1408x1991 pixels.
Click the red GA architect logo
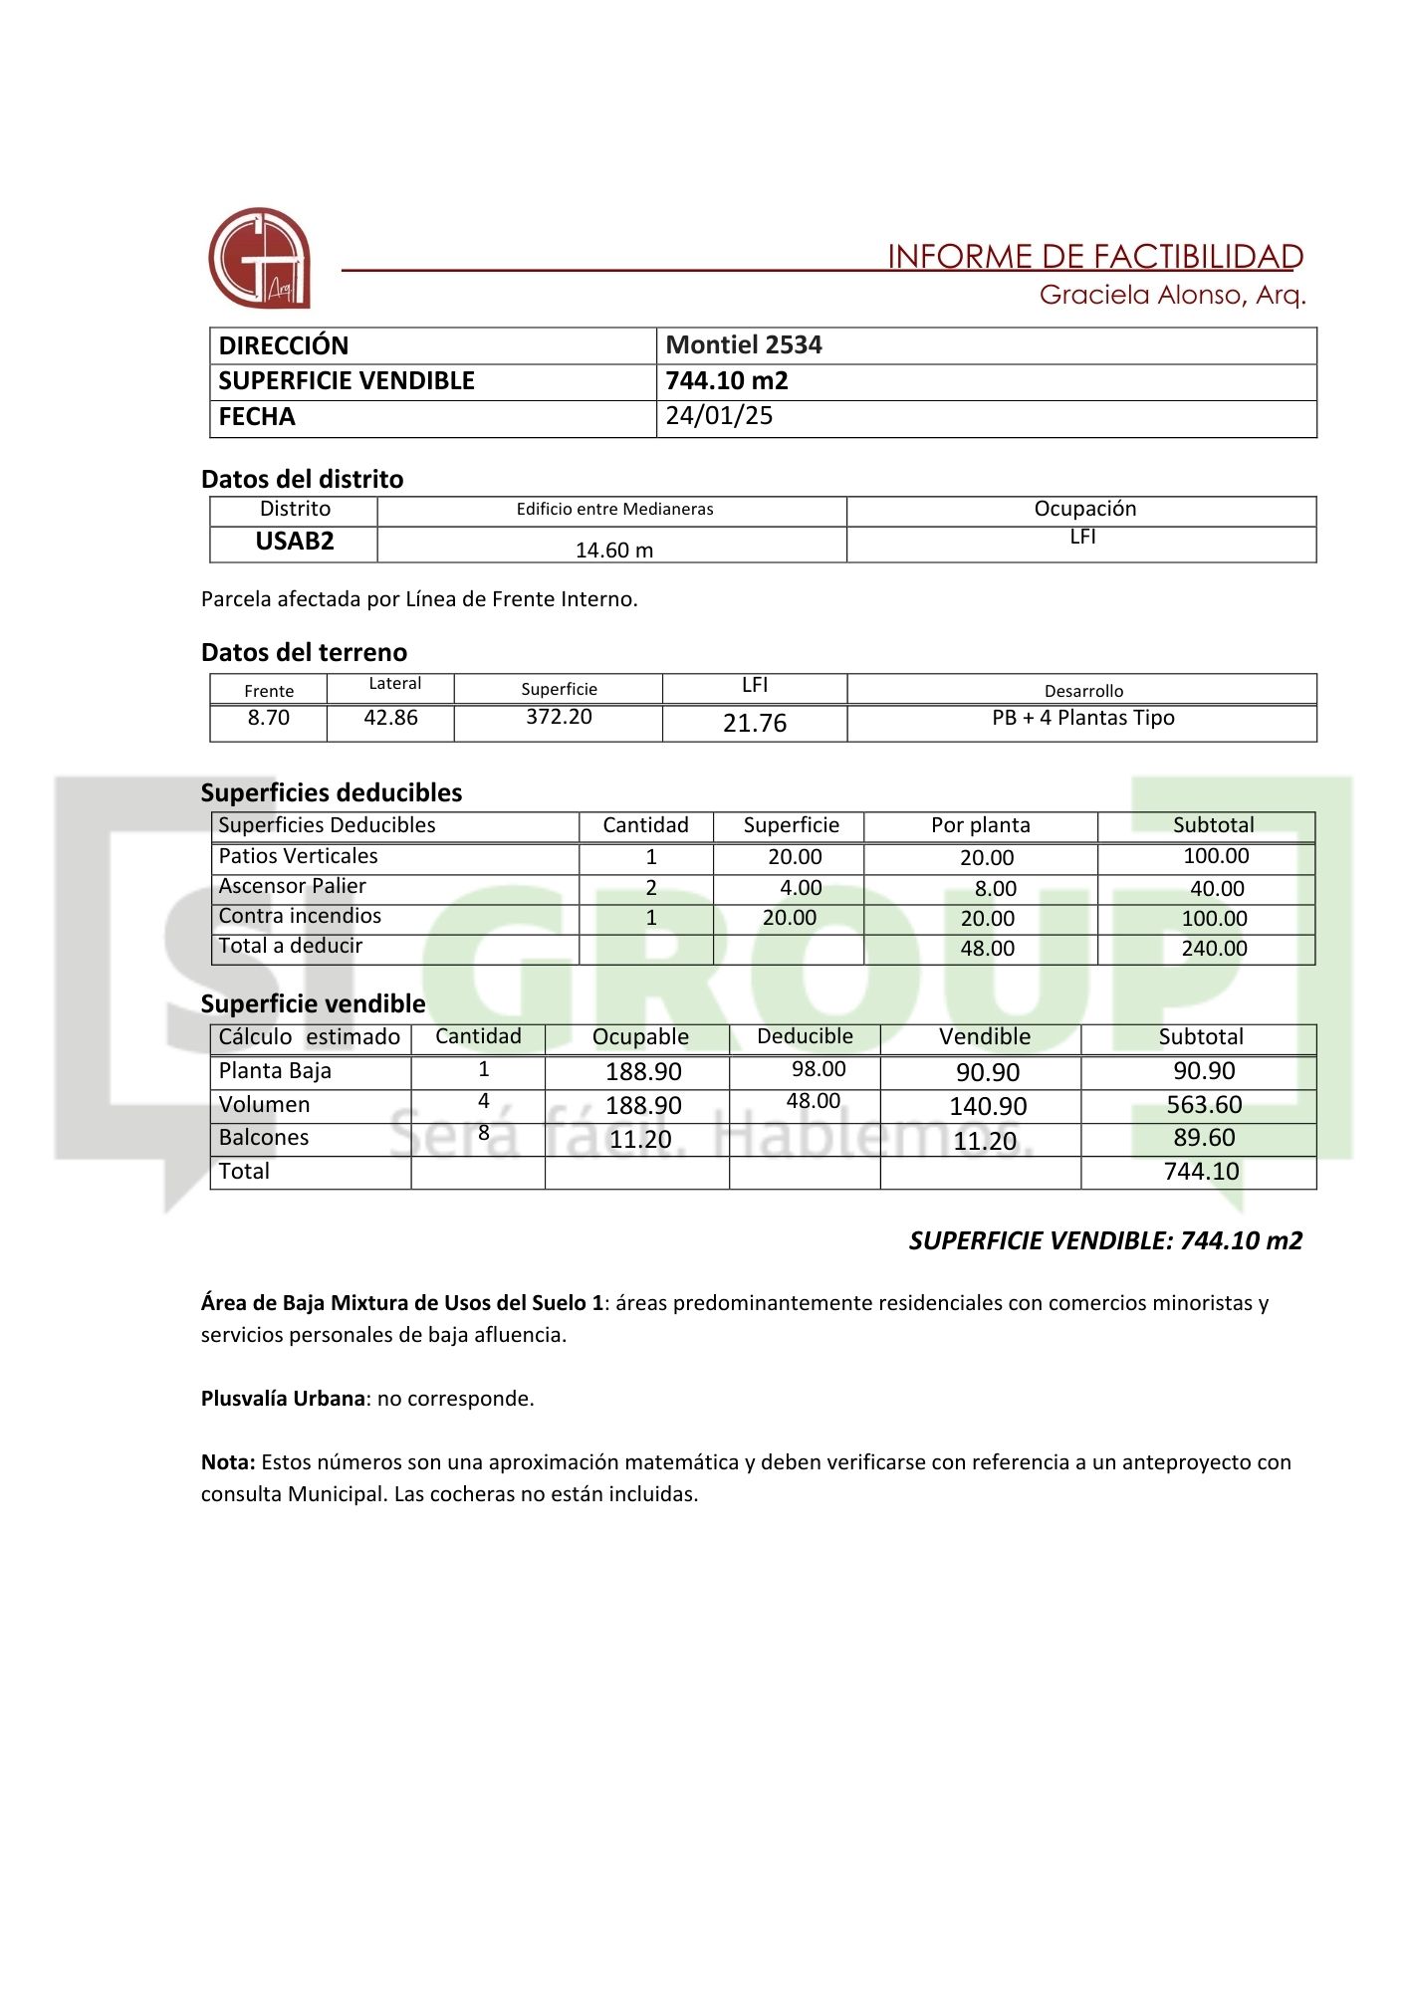(259, 258)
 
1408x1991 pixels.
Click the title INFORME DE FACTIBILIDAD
(1094, 257)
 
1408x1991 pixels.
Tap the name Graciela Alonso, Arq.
(1172, 295)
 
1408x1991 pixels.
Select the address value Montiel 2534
(743, 345)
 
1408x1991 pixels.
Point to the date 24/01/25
(719, 416)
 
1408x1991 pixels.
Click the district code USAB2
(295, 542)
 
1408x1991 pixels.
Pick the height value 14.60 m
(614, 550)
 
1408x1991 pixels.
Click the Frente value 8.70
(268, 718)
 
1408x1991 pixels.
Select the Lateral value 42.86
(390, 718)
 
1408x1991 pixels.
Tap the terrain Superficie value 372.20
(559, 717)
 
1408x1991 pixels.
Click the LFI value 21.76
(754, 723)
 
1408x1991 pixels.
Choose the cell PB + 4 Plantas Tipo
(1082, 718)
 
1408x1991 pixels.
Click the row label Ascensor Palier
(292, 886)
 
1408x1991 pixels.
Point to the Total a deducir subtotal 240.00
(1214, 949)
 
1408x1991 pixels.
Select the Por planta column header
(980, 825)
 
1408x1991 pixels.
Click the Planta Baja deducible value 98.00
(819, 1069)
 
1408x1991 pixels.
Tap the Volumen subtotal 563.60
(1204, 1105)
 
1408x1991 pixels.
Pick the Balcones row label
(264, 1138)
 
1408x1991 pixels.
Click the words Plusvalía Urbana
(283, 1399)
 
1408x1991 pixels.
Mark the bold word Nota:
(228, 1462)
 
